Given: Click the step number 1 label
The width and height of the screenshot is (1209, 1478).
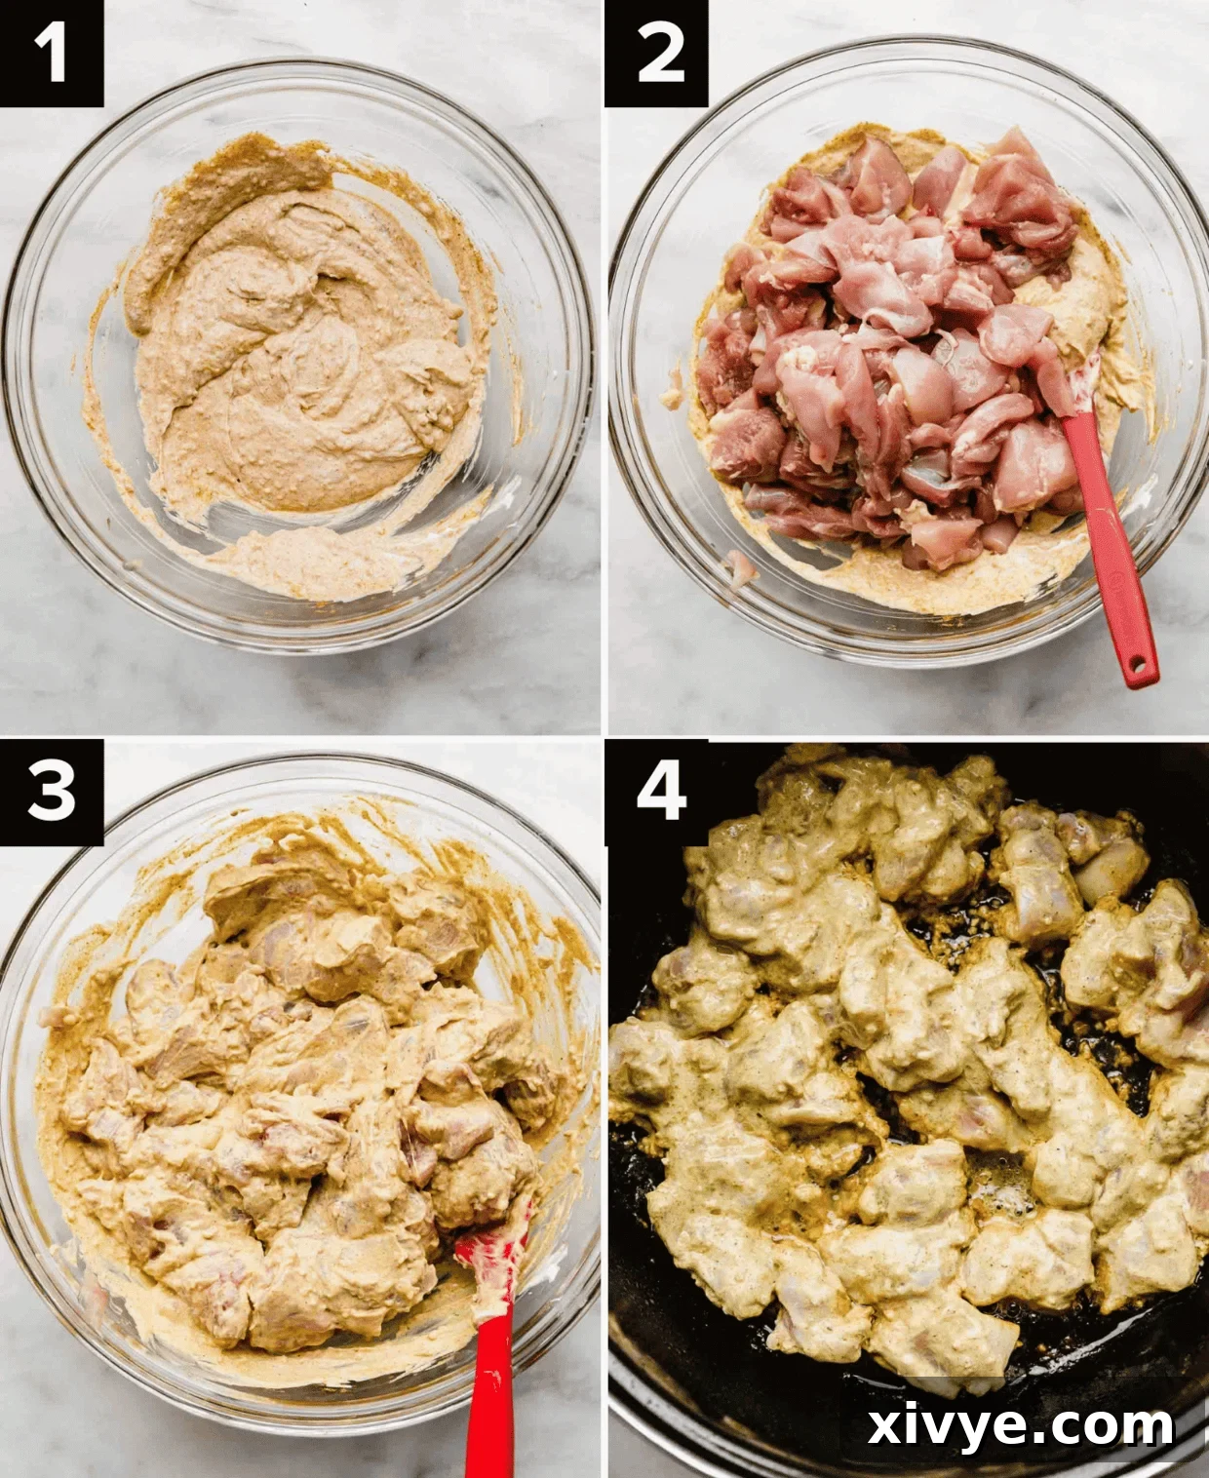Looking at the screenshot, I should click(51, 53).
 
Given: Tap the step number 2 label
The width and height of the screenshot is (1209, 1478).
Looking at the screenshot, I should click(656, 53).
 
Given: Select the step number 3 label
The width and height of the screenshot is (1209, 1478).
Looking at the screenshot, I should click(51, 791).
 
